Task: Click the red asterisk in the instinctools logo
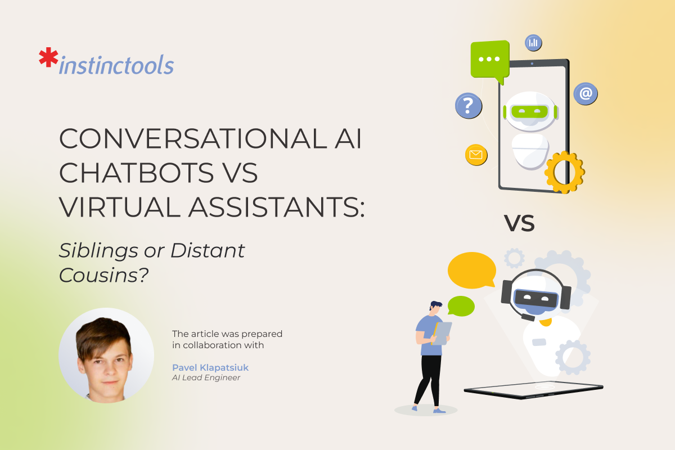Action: pos(48,58)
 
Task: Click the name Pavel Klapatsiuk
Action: pos(210,367)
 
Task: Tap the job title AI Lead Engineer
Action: pos(206,378)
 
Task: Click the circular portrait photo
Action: pos(106,355)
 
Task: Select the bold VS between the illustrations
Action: pos(519,224)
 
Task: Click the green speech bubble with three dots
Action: pos(490,60)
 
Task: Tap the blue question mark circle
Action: pos(468,105)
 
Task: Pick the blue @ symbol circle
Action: pos(586,93)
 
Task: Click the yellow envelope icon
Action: pos(476,155)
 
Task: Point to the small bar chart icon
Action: pos(533,42)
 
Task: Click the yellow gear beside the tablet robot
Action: pos(564,172)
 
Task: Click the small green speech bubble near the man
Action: pos(461,305)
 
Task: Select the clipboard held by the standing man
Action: pos(442,332)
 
